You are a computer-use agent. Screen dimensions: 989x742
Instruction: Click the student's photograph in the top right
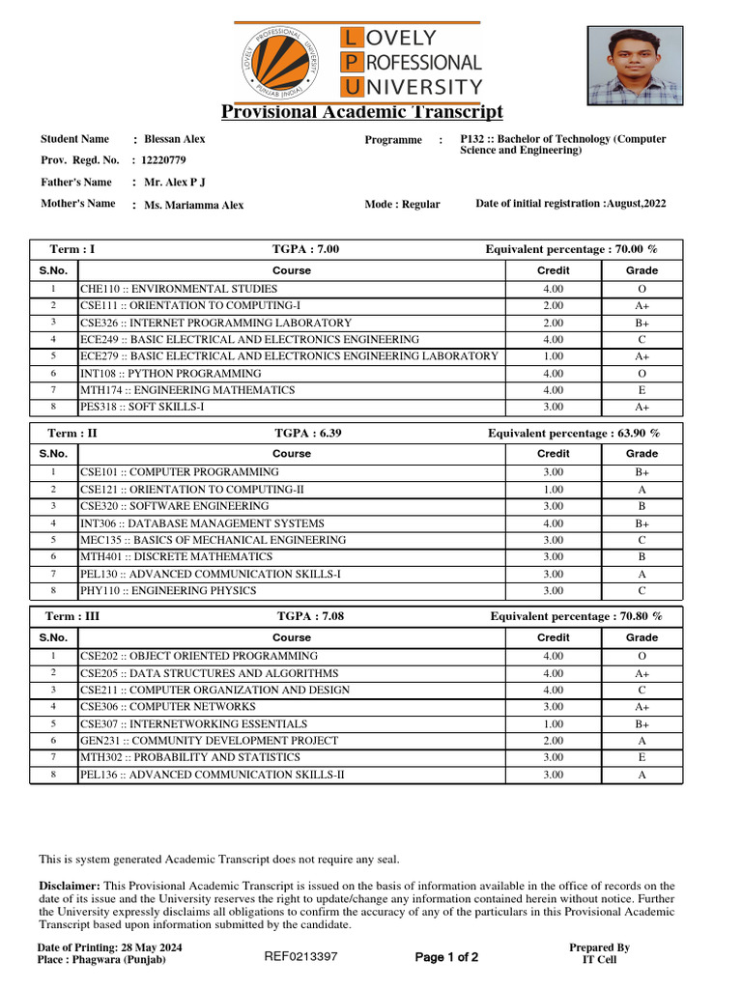pos(633,64)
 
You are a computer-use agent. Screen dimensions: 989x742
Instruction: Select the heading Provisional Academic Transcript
pos(362,112)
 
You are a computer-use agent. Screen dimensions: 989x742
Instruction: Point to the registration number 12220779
pos(164,160)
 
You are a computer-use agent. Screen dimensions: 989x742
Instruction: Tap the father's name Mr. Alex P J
pos(175,183)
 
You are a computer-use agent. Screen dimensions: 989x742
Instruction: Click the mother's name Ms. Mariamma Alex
pos(194,205)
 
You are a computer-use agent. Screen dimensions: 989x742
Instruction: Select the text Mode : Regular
pos(402,205)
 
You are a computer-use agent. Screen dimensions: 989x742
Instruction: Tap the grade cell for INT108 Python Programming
pos(642,374)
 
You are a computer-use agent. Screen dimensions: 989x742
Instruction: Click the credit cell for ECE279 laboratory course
pos(553,356)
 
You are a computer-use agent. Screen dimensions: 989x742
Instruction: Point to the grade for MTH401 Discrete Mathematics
pos(642,557)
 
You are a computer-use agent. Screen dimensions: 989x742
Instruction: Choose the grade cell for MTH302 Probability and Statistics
pos(642,758)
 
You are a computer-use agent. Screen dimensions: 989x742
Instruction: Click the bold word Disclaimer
pos(69,886)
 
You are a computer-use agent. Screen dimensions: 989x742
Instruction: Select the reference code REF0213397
pos(300,957)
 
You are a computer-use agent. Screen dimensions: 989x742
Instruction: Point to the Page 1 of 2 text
pos(446,958)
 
